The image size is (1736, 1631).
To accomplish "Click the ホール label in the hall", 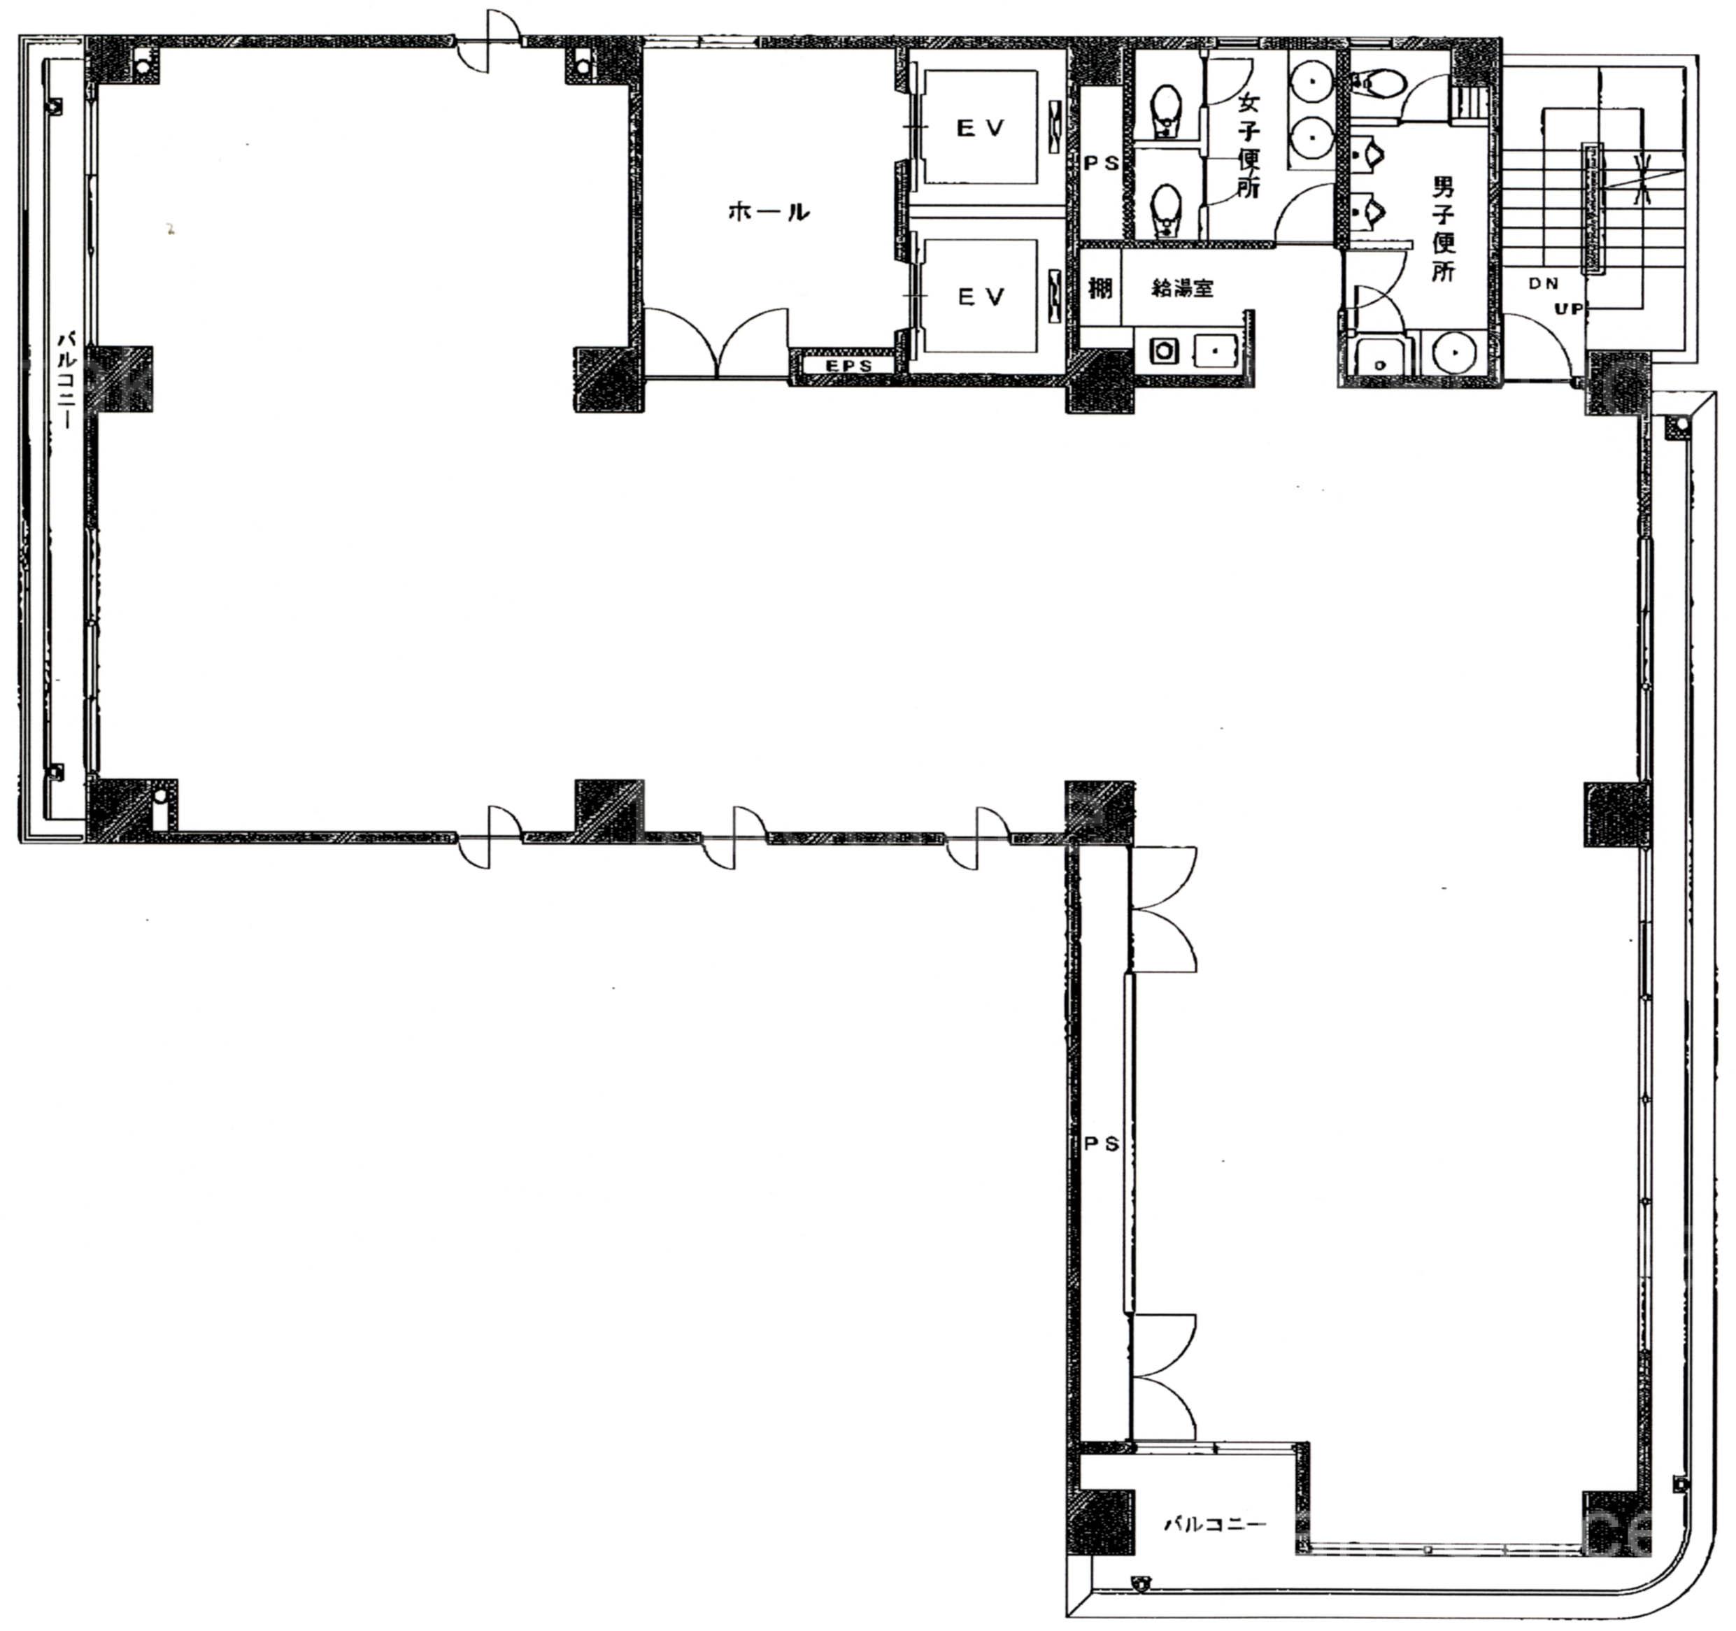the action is click(769, 211).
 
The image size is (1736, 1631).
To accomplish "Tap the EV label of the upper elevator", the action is click(981, 129).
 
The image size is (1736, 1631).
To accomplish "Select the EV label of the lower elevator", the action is click(981, 297).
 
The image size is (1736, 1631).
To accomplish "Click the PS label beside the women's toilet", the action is click(1101, 163).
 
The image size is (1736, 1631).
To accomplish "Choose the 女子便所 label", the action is click(1248, 145).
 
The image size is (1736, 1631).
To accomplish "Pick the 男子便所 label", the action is click(1444, 229).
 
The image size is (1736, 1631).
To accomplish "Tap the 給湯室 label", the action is click(1182, 288).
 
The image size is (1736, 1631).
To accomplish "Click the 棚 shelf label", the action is click(1100, 287).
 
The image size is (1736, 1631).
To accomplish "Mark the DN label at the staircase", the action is click(1543, 284).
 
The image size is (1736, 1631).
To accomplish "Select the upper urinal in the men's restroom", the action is click(1369, 156).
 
